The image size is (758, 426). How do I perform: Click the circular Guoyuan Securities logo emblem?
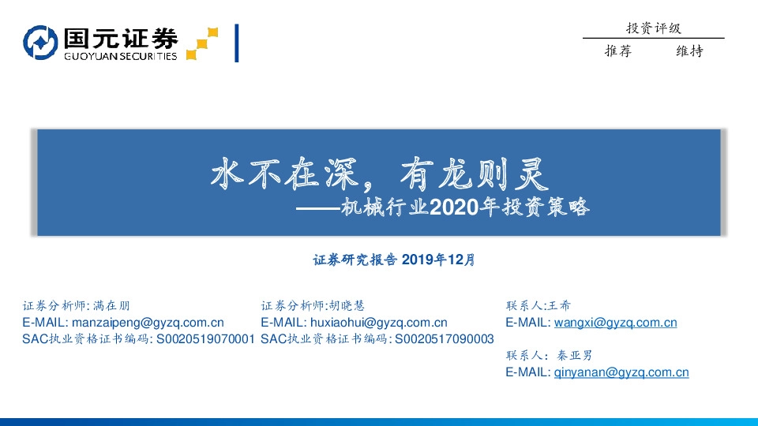click(40, 43)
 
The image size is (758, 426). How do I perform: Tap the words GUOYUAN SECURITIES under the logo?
click(120, 56)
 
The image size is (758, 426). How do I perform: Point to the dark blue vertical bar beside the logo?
click(237, 43)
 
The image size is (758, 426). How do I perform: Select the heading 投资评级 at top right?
click(653, 28)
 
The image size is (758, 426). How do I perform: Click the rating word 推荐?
click(618, 51)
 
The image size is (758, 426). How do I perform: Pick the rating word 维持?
click(689, 51)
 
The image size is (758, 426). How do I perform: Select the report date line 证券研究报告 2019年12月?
click(394, 260)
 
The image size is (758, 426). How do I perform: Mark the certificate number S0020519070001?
click(206, 338)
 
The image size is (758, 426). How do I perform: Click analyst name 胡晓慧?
click(347, 305)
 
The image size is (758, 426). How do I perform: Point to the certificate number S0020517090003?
click(444, 338)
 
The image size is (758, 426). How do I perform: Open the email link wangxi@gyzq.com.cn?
click(615, 322)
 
